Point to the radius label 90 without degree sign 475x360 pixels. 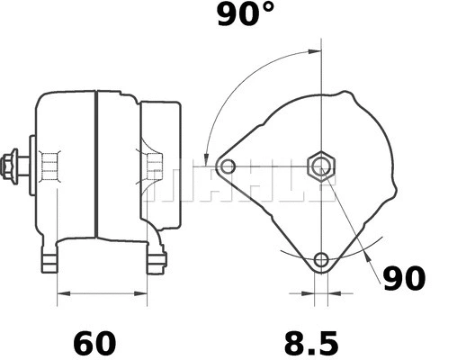coord(404,280)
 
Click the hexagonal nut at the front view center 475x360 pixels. coord(321,166)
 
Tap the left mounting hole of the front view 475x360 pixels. coord(228,166)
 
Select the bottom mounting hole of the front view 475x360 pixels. coord(321,261)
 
